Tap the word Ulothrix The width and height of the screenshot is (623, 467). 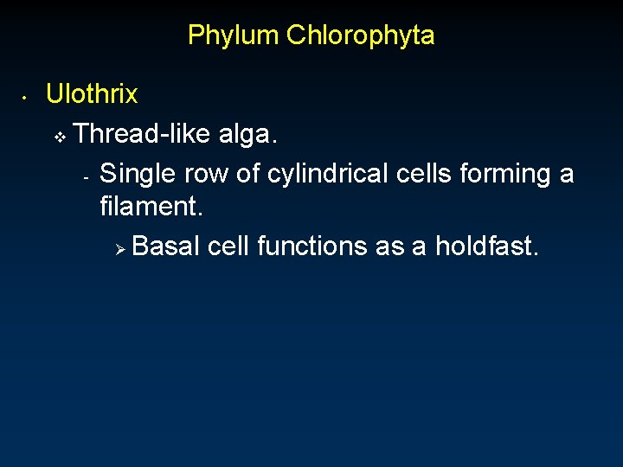92,93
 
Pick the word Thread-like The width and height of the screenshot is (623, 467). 143,133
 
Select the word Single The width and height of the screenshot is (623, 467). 138,174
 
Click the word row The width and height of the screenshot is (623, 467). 208,174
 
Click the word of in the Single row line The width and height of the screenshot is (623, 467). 248,174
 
